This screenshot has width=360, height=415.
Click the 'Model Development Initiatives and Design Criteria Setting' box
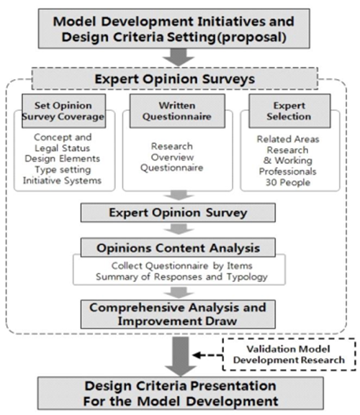(x=174, y=29)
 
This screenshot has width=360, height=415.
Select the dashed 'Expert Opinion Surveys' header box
(x=175, y=78)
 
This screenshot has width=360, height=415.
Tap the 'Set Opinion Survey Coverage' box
(x=63, y=111)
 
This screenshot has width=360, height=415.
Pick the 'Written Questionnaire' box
(x=177, y=111)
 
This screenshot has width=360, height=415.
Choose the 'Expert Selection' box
(x=289, y=111)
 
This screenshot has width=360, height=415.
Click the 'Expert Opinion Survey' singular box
(x=178, y=212)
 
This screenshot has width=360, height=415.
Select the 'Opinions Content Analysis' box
(x=178, y=247)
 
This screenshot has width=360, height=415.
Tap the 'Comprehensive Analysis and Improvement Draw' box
(x=178, y=314)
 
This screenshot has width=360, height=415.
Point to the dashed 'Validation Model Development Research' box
(x=289, y=354)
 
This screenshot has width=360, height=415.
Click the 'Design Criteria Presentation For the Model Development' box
(x=181, y=393)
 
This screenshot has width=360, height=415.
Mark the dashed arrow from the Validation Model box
(x=207, y=355)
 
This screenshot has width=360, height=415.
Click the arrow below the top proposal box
(x=179, y=57)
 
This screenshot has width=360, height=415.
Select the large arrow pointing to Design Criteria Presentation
(x=181, y=356)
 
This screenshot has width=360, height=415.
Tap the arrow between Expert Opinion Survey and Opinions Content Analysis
(x=179, y=229)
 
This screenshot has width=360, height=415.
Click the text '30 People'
(x=288, y=183)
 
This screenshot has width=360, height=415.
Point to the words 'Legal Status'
(x=63, y=148)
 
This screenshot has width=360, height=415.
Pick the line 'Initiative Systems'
(x=62, y=181)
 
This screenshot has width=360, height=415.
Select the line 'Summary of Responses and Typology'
(x=181, y=277)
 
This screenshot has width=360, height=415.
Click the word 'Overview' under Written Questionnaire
(x=173, y=158)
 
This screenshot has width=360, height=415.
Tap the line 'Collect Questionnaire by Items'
(x=181, y=265)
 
